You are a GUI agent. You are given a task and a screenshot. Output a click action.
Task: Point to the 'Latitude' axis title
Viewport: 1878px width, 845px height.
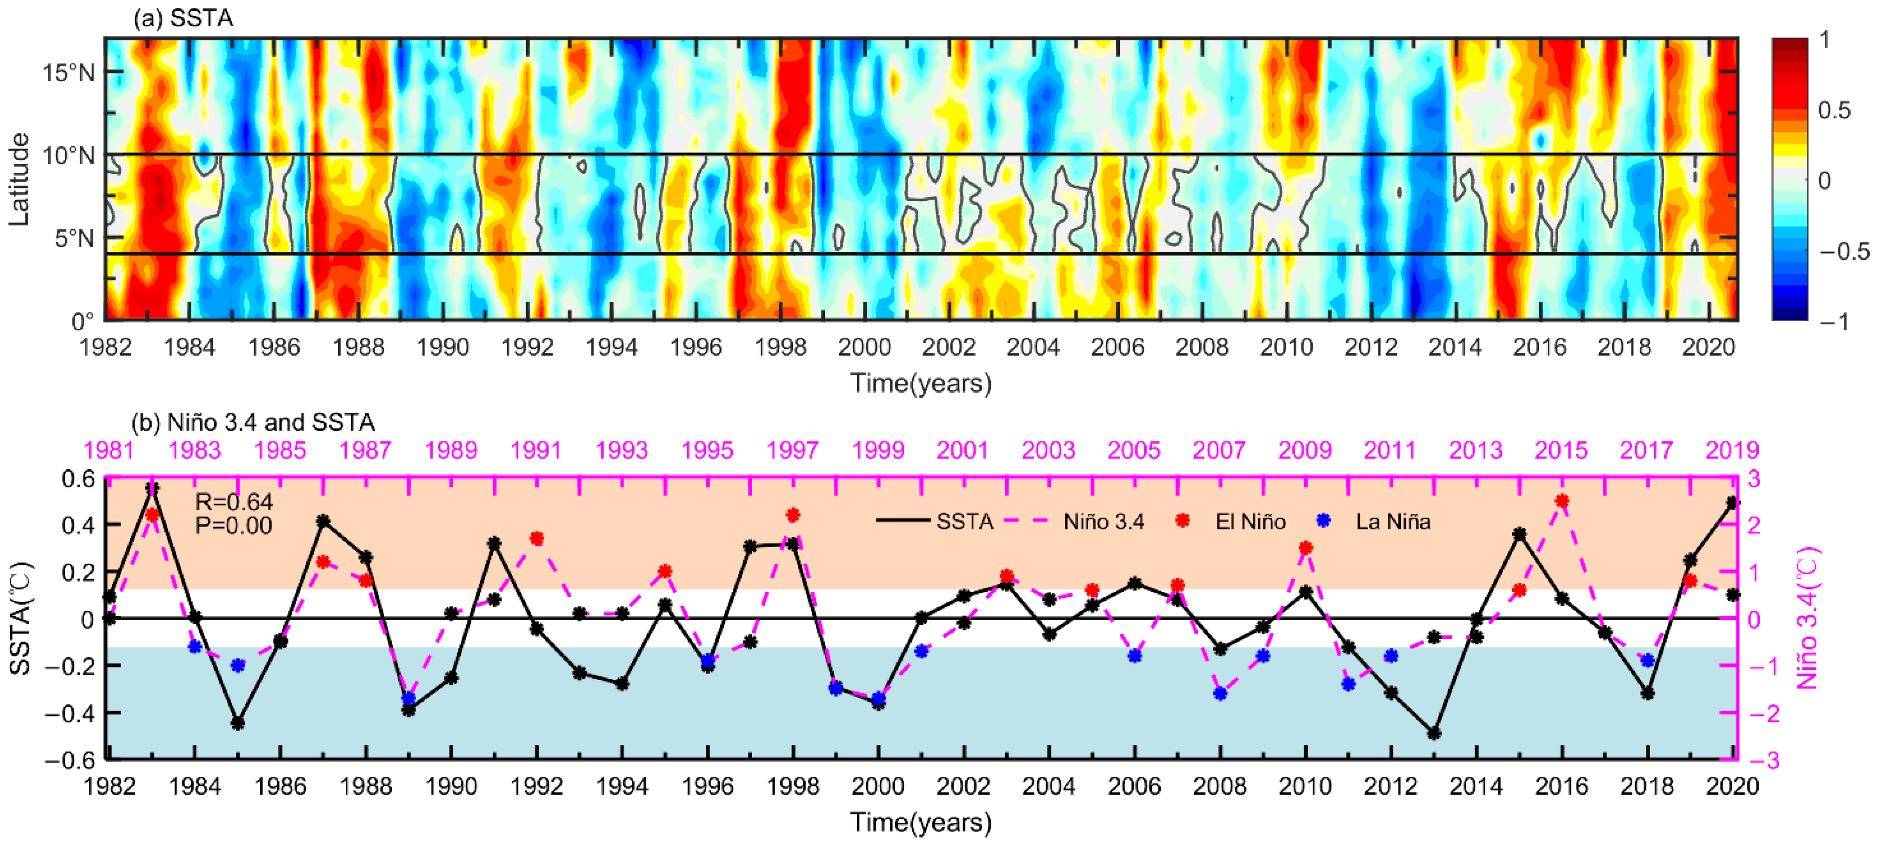18,179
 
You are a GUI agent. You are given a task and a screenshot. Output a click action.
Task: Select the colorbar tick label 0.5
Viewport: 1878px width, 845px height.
1833,110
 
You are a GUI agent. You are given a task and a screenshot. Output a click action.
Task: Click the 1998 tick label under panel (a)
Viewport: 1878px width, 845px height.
780,347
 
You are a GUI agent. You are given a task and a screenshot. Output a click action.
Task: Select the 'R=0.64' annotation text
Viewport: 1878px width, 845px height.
233,502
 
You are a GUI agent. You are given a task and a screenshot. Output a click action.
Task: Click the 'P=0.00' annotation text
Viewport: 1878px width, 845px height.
233,526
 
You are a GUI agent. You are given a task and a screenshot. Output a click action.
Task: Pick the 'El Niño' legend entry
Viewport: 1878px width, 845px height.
1249,522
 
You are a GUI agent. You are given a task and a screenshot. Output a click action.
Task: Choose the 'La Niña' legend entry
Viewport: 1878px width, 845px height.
1392,522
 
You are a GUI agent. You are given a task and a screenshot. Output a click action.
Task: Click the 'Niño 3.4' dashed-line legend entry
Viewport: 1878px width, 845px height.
1103,522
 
